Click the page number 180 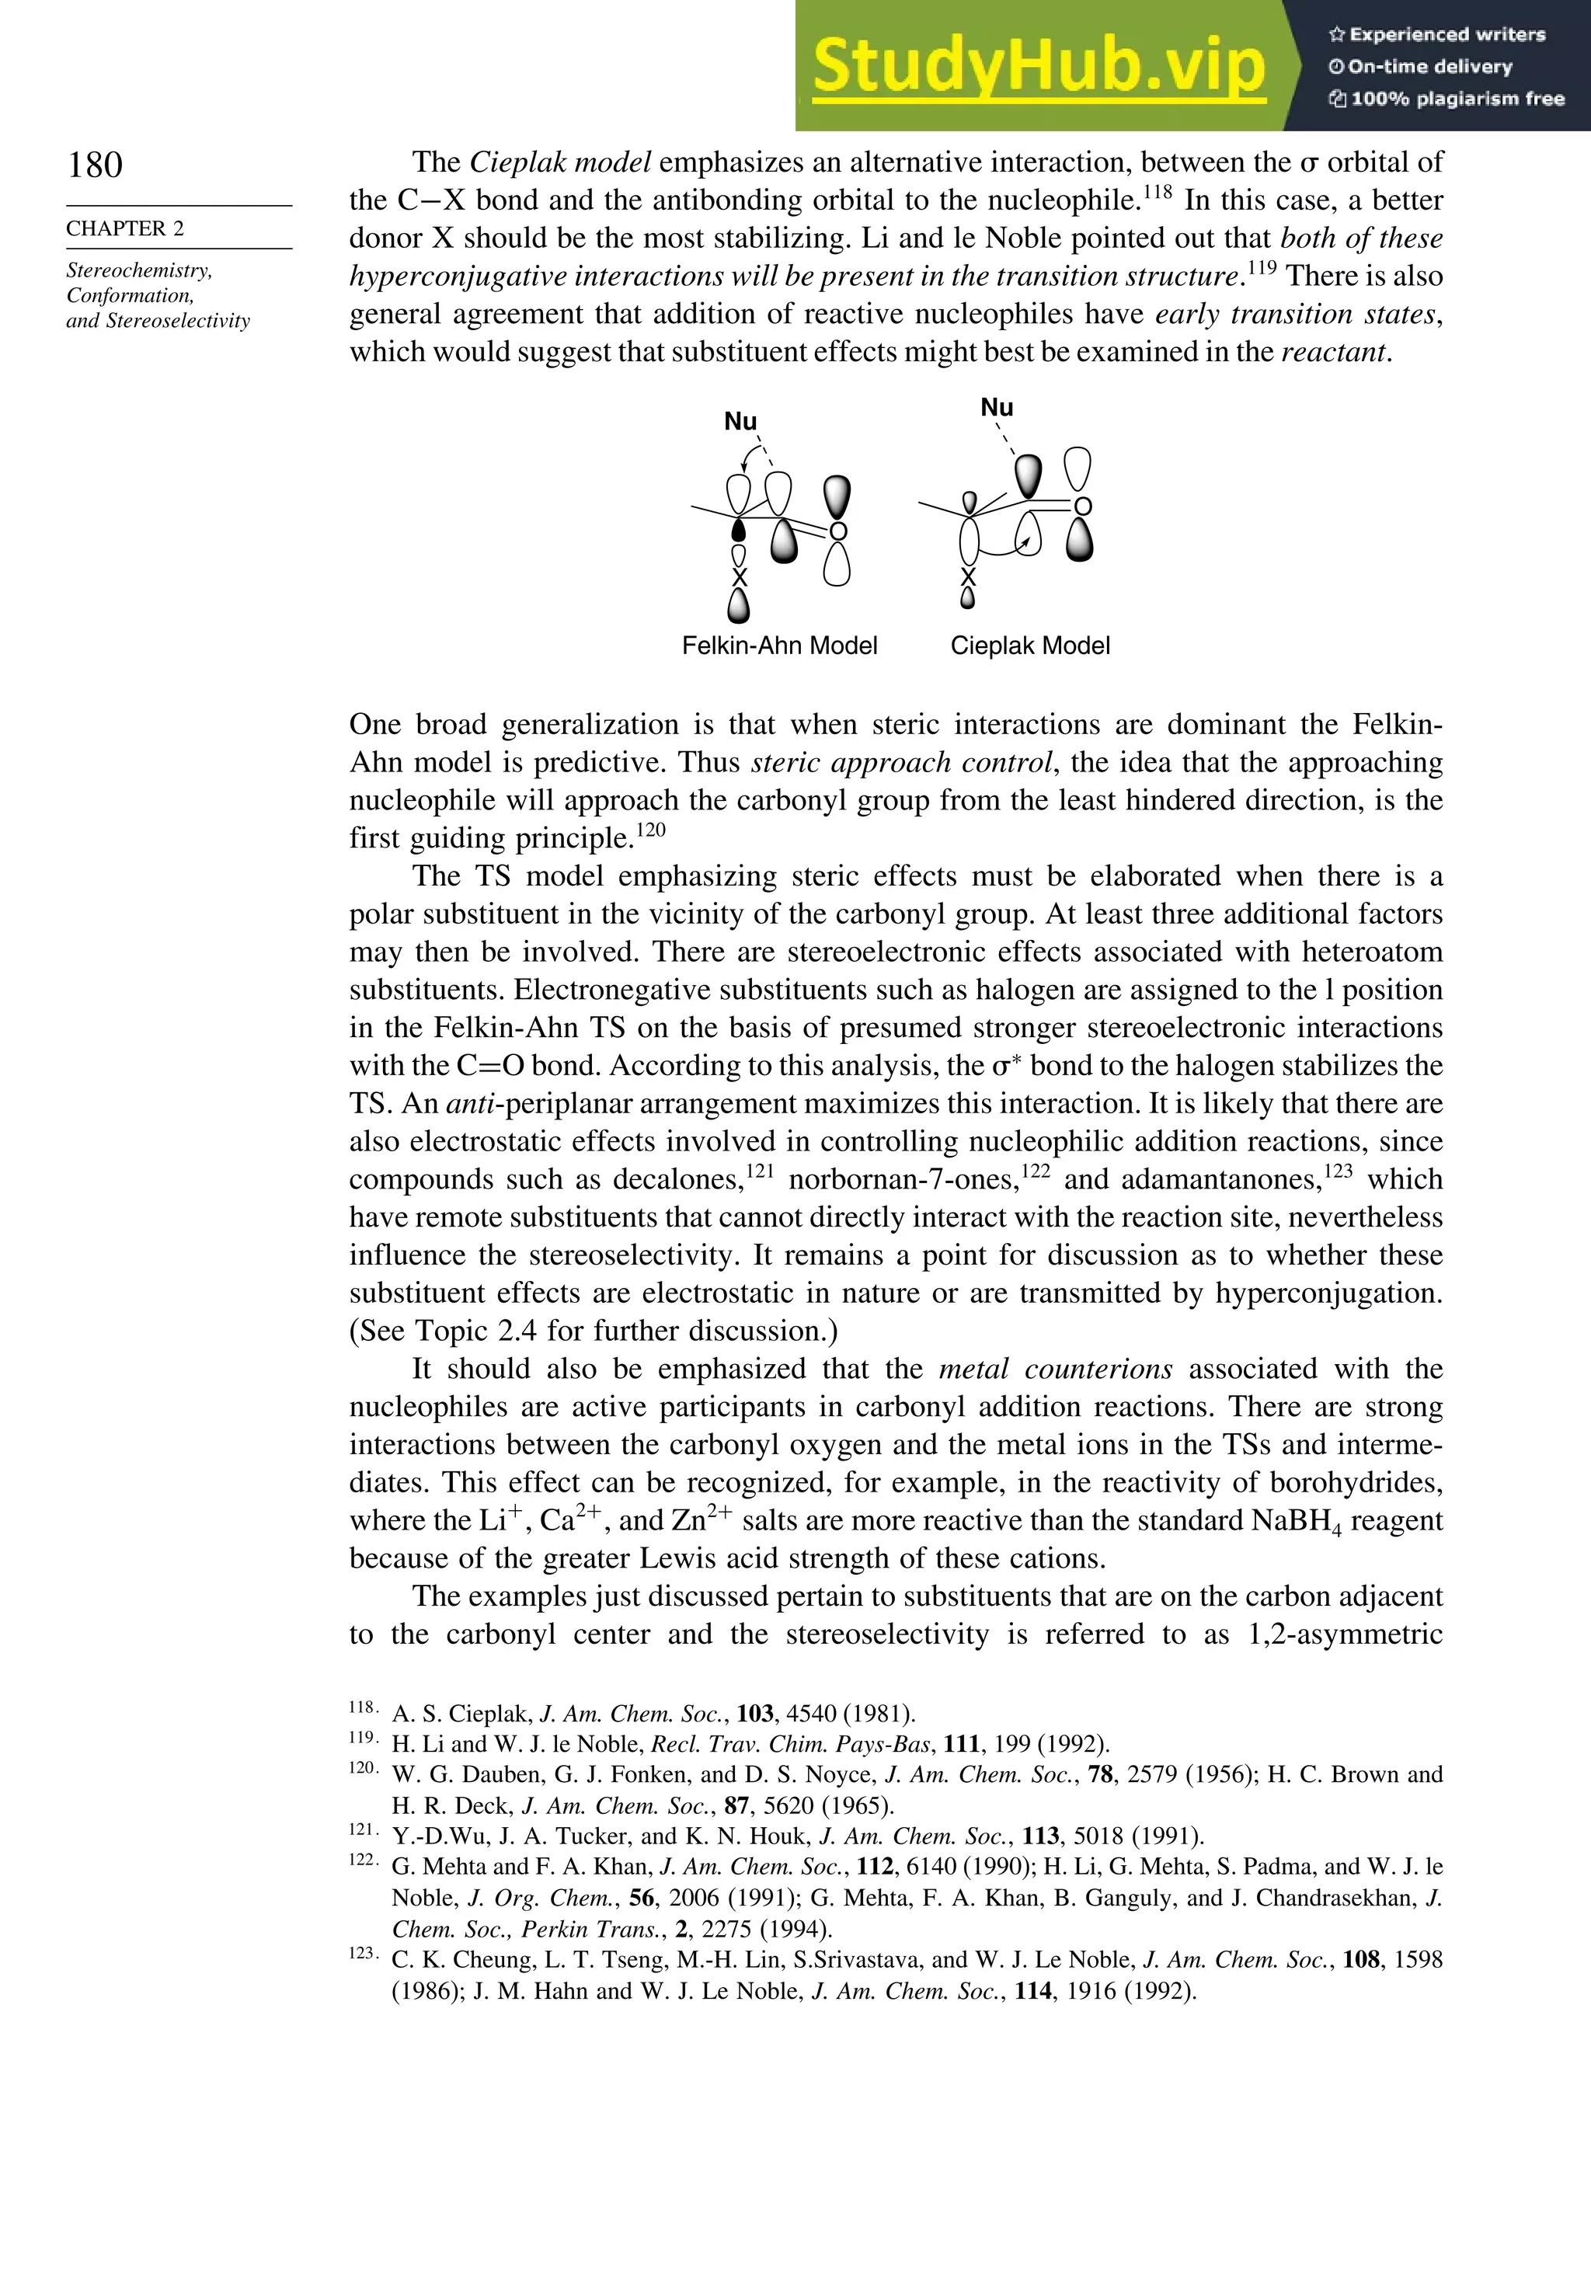pyautogui.click(x=95, y=165)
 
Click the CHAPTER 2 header pyautogui.click(x=125, y=228)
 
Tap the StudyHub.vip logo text pyautogui.click(x=1039, y=65)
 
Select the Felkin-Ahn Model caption pyautogui.click(x=779, y=646)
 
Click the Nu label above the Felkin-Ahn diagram pyautogui.click(x=740, y=422)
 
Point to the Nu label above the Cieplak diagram pyautogui.click(x=996, y=408)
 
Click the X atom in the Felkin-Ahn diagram pyautogui.click(x=739, y=578)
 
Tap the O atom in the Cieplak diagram pyautogui.click(x=1083, y=506)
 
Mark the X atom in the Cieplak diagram pyautogui.click(x=968, y=577)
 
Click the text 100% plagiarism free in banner pyautogui.click(x=1457, y=99)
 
